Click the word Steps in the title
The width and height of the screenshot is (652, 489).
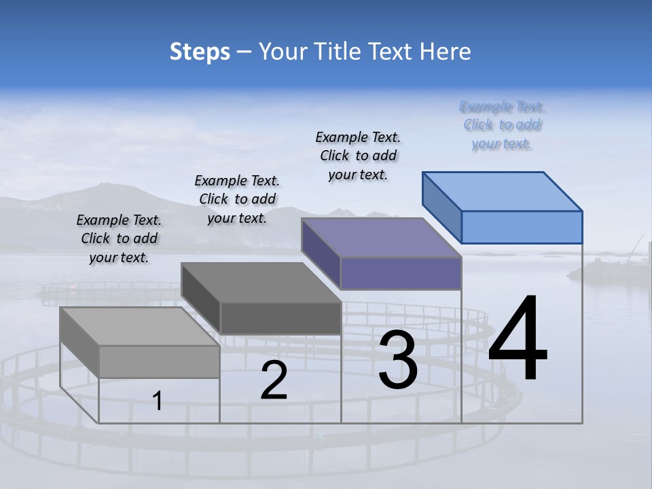(200, 52)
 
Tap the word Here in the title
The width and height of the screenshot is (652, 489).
(445, 52)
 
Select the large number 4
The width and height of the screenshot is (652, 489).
(518, 340)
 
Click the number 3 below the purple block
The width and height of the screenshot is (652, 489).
(398, 360)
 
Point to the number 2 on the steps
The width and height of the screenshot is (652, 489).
(274, 380)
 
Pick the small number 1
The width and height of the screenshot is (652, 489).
(157, 401)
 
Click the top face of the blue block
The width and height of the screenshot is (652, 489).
(503, 191)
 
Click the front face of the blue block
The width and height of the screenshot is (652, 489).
(522, 227)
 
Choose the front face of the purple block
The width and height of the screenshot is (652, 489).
(401, 273)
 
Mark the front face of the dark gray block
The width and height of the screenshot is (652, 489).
(280, 318)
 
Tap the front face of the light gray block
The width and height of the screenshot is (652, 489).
(160, 361)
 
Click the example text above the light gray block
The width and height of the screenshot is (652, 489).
(119, 238)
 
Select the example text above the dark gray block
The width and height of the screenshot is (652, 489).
(237, 199)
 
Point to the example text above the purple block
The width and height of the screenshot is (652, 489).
(358, 156)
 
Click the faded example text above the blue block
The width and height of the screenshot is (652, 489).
(502, 125)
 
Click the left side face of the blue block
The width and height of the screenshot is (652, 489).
(442, 207)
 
